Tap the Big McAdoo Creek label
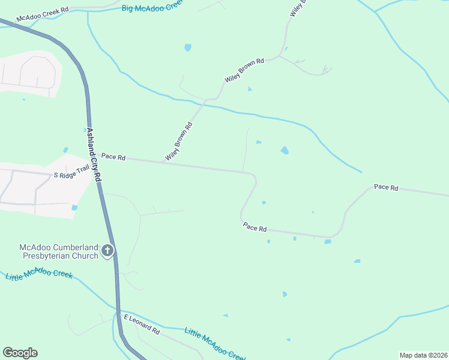pos(151,7)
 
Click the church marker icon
pos(107,251)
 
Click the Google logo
pos(20,353)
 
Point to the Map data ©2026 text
pos(423,355)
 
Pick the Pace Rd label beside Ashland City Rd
pos(113,157)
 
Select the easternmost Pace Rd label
pos(386,188)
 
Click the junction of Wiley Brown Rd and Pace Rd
pos(164,161)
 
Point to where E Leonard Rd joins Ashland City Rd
pos(119,314)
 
